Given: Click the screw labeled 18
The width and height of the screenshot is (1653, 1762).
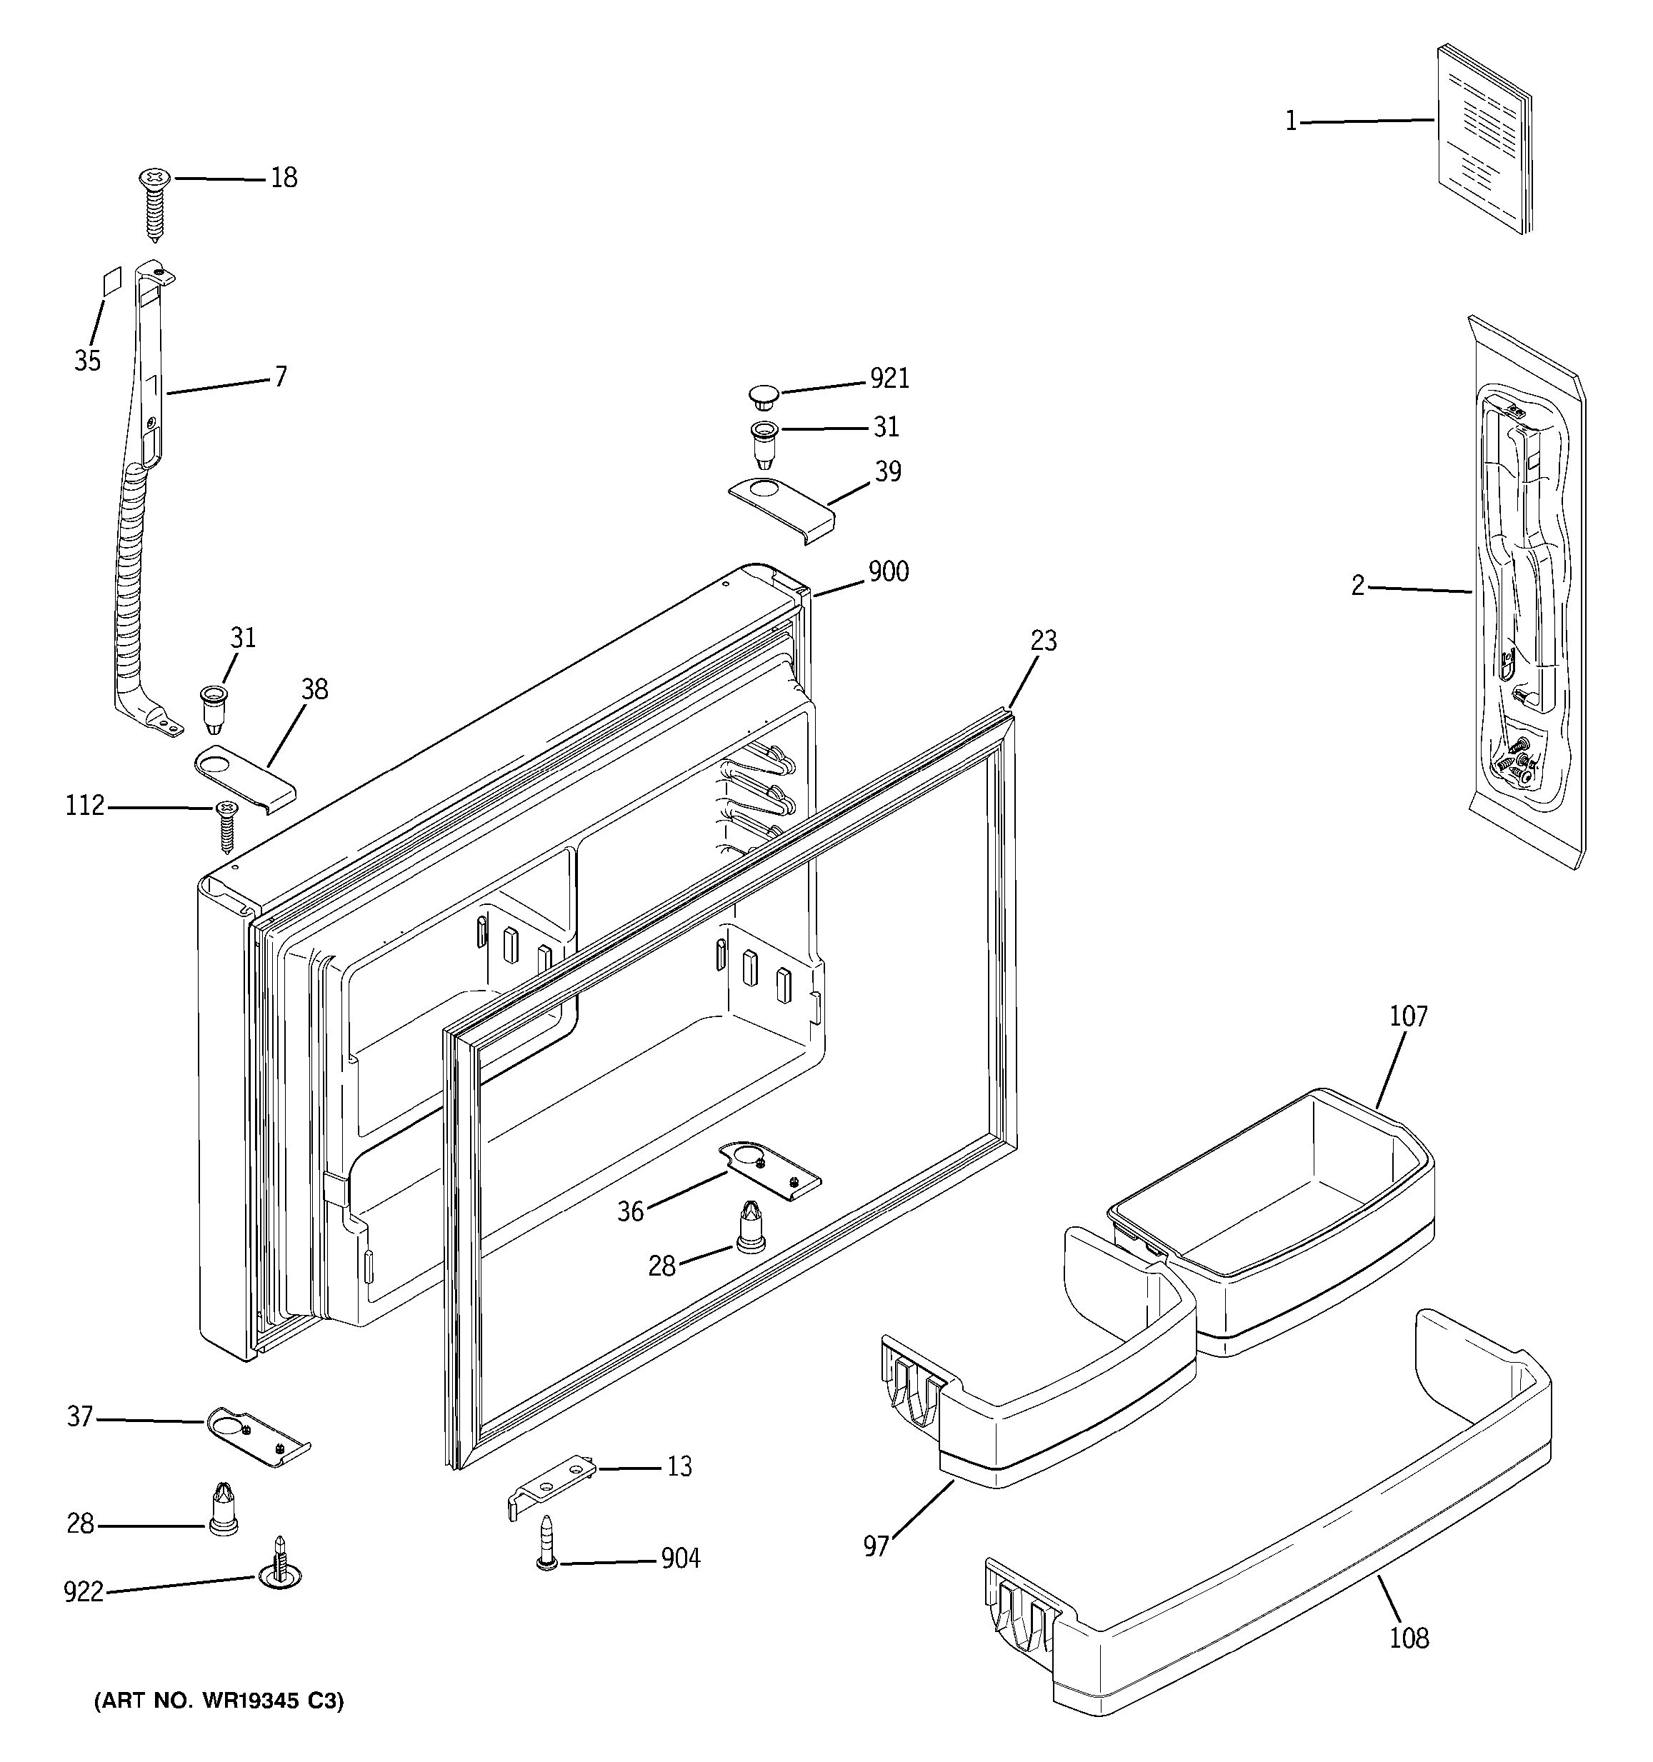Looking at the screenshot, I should click(x=154, y=204).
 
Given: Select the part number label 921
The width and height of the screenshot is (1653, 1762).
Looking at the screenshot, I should click(x=889, y=379).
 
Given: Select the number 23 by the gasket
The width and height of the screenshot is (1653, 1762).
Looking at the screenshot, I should click(x=1043, y=640).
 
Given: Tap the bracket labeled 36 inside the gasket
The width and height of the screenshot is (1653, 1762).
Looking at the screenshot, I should click(x=769, y=1170).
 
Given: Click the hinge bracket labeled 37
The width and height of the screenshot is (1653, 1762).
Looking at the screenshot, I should click(x=257, y=1434).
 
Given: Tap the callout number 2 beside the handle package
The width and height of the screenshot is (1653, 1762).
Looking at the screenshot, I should click(x=1358, y=586).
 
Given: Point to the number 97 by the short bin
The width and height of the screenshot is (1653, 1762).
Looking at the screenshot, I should click(x=876, y=1546).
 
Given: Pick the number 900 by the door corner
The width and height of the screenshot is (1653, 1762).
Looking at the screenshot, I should click(x=888, y=571).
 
